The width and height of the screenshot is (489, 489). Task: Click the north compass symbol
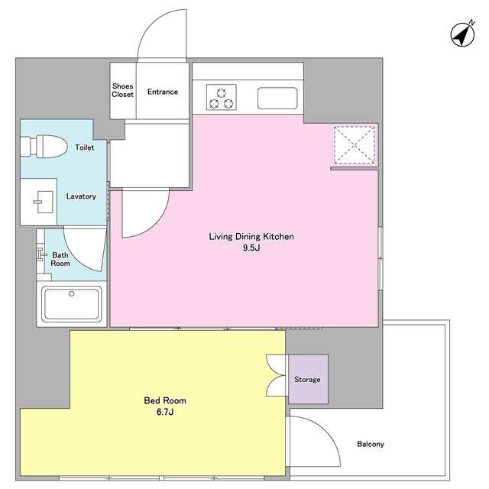coord(463,34)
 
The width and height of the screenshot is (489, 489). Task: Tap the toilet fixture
coord(44,146)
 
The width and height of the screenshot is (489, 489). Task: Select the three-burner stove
coord(221,97)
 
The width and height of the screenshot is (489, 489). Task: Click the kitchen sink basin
coord(277,99)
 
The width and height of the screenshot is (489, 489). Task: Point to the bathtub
coord(72,304)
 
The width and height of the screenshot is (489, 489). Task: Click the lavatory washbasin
coord(43,202)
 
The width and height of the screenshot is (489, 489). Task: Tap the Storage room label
coord(307,380)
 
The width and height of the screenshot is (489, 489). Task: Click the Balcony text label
coord(371,444)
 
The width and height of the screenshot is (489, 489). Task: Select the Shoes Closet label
coord(122,90)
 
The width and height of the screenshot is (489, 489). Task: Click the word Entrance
coord(163,92)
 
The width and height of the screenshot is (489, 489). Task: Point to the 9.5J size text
coord(251,248)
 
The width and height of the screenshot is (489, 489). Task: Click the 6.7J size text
coord(165,412)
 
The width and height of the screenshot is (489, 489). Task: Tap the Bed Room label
coord(165,400)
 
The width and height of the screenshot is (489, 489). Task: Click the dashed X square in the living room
coord(355,144)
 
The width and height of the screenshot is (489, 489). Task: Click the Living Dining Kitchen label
coord(251,237)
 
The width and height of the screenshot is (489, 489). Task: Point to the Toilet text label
coord(85,147)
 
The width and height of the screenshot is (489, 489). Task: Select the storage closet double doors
coord(276,375)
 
